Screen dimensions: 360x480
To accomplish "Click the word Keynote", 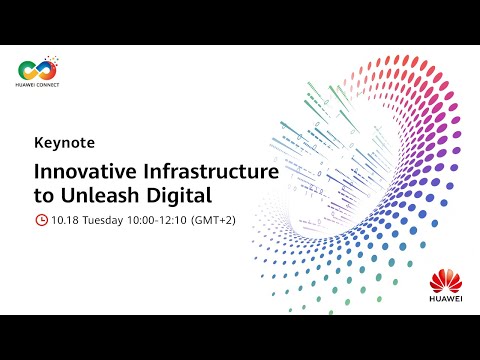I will (x=61, y=143).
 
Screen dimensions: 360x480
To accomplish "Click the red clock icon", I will (x=41, y=220).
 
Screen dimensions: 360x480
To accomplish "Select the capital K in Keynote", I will (x=38, y=143).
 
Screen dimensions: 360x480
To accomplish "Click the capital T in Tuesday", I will (x=86, y=220).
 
